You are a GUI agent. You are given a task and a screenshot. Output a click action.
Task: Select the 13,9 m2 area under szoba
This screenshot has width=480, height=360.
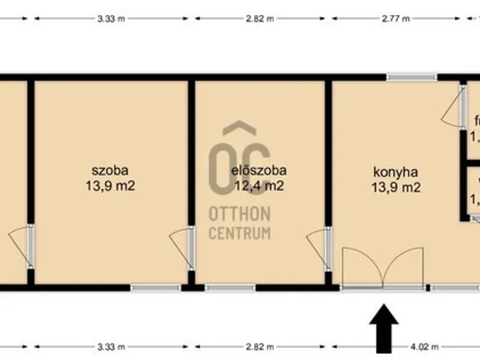[x=111, y=186]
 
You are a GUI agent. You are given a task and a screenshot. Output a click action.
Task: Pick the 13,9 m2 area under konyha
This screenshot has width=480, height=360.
[x=395, y=187]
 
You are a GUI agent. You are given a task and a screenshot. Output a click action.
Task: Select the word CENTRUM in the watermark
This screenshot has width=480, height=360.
[x=239, y=233]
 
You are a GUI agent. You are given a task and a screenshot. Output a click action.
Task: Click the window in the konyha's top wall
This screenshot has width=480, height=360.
[x=412, y=76]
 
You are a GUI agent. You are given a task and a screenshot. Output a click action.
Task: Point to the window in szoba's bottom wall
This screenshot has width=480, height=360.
[x=155, y=287]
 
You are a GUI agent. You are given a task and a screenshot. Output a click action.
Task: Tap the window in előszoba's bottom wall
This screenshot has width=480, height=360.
[x=229, y=287]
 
